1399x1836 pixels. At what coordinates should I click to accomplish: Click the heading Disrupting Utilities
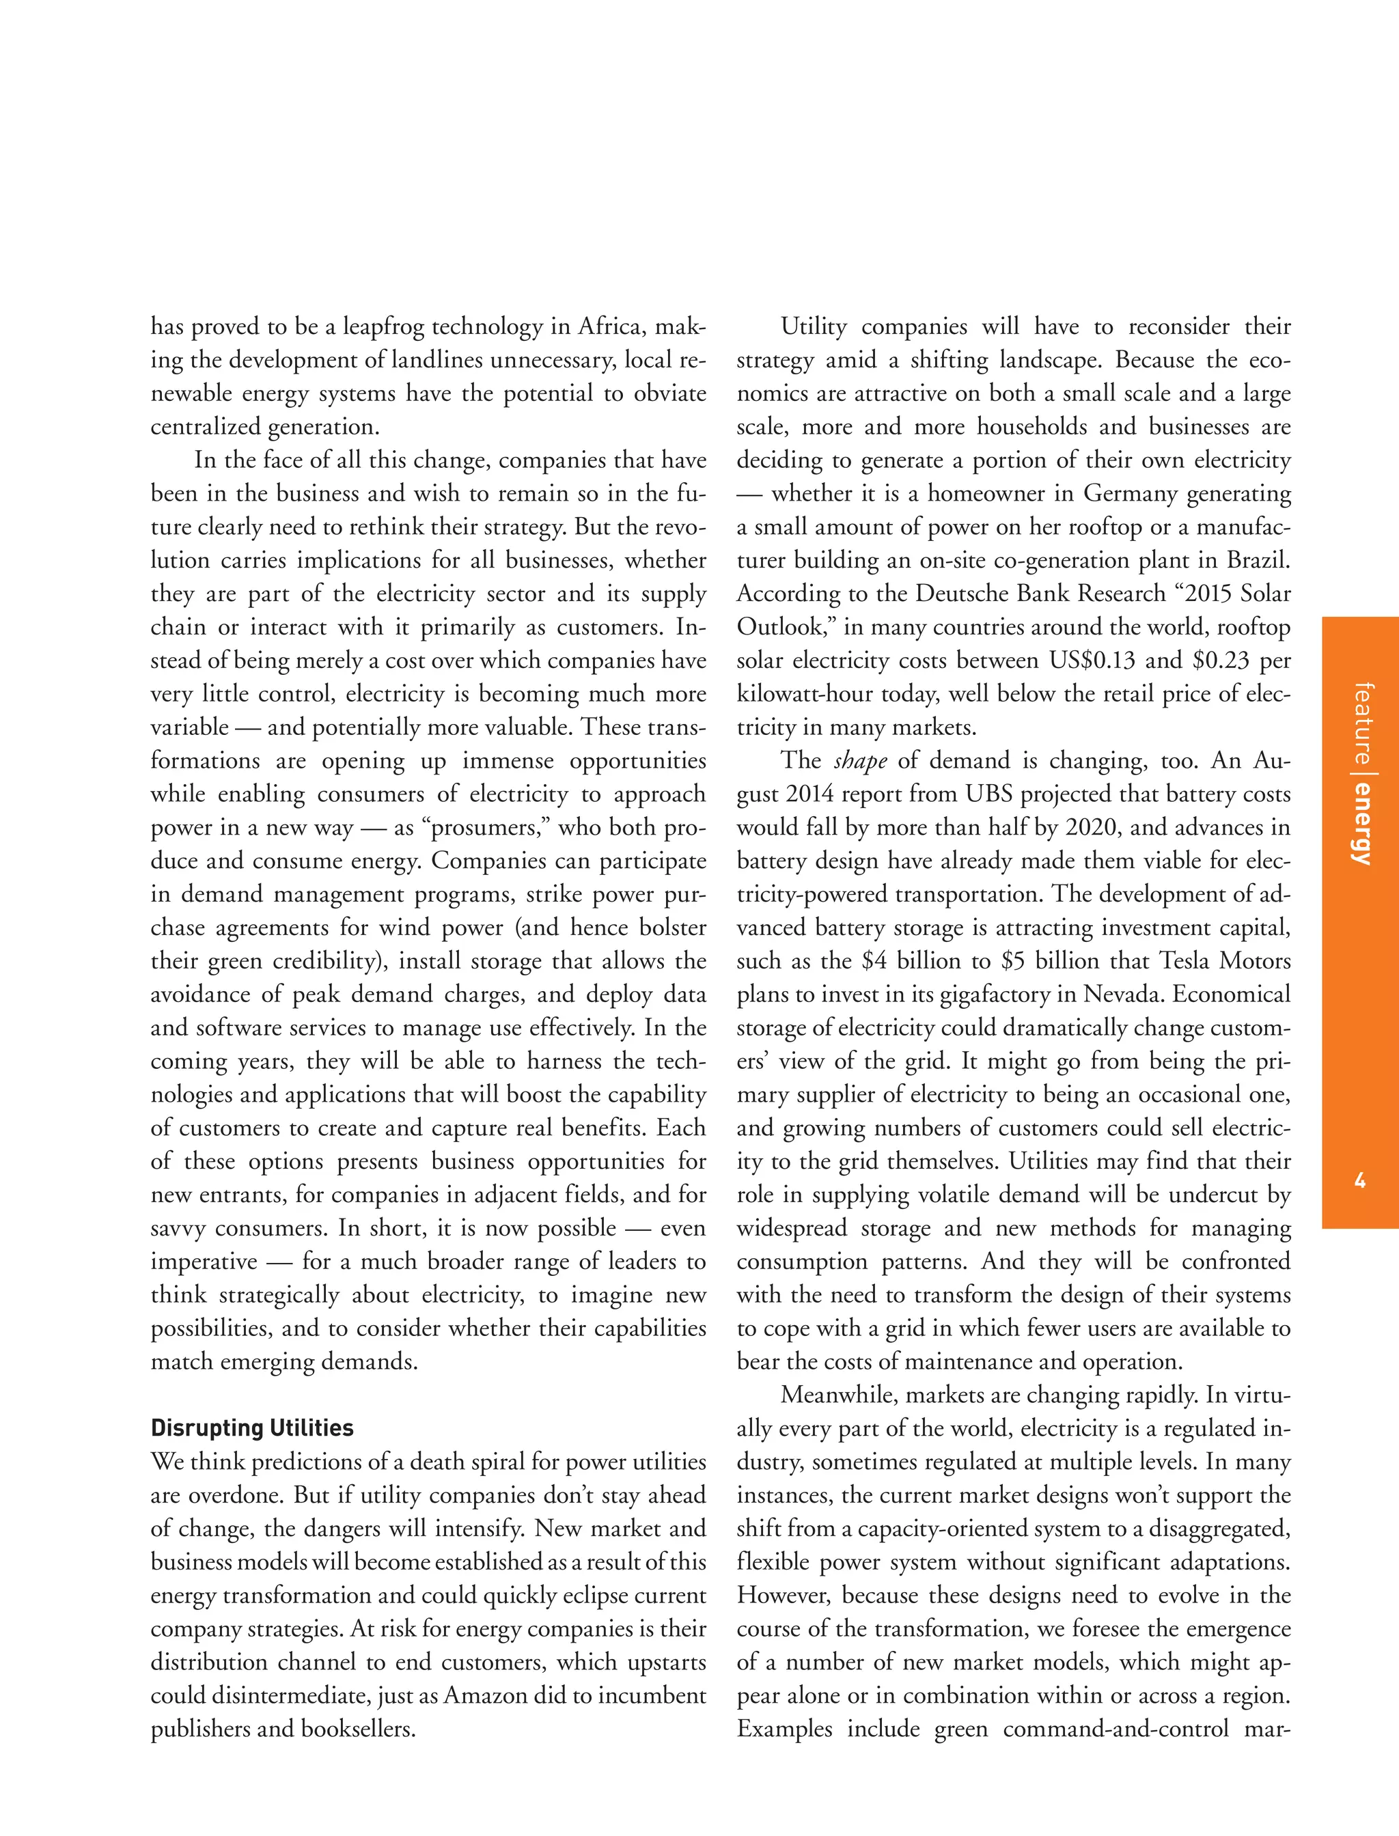pos(251,1429)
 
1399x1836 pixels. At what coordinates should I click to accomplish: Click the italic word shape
pos(859,761)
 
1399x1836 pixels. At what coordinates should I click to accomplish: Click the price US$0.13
pos(1092,661)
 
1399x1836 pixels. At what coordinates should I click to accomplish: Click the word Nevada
pos(1126,995)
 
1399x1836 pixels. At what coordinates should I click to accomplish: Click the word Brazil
pos(1258,560)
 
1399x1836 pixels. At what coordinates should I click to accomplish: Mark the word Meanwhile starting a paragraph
pos(839,1395)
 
